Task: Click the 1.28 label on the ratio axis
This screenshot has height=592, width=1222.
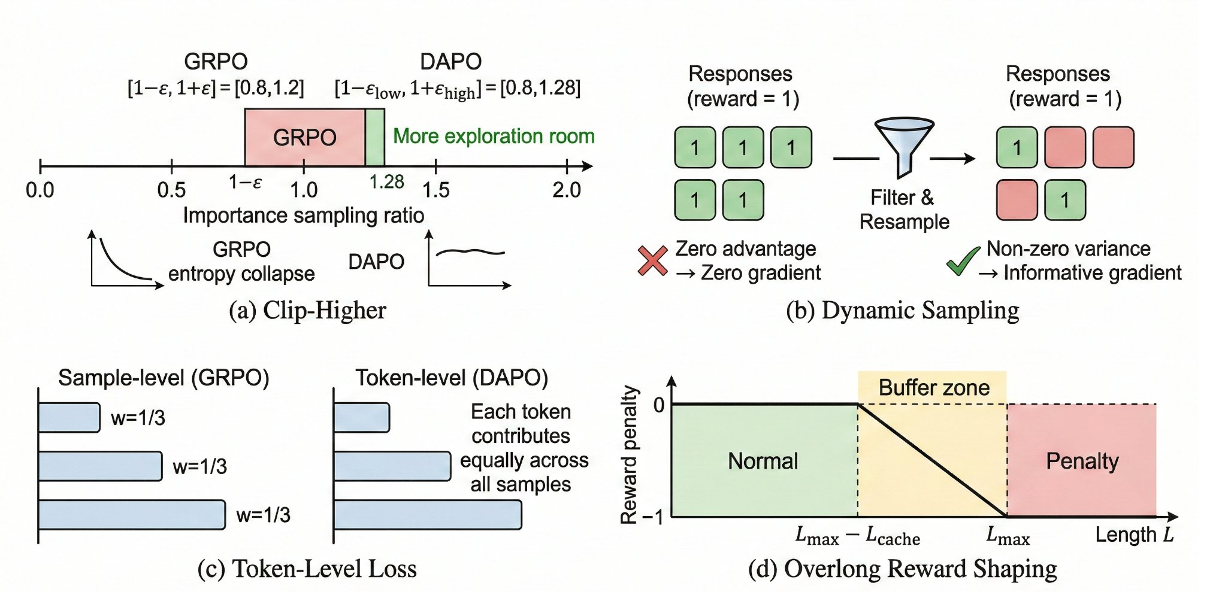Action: (386, 182)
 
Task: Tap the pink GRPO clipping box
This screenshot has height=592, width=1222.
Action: (304, 137)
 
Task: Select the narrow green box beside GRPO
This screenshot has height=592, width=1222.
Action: (375, 137)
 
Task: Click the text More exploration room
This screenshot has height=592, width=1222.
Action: (494, 136)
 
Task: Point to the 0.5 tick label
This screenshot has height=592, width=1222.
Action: (171, 190)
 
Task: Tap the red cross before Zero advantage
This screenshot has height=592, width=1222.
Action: (652, 261)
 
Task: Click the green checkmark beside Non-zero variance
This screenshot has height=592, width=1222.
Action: (962, 262)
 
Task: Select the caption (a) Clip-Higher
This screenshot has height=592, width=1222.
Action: (307, 310)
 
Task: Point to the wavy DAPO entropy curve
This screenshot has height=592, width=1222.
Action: (470, 252)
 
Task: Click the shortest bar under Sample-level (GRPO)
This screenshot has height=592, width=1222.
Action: (69, 418)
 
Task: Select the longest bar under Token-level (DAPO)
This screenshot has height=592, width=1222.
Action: (427, 515)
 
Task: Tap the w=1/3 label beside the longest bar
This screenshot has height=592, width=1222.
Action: (263, 515)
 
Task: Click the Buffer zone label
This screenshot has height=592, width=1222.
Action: (933, 388)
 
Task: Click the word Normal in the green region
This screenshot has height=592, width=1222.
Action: (763, 461)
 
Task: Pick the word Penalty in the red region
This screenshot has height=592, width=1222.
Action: (1082, 461)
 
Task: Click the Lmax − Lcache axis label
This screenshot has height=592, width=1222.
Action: (857, 536)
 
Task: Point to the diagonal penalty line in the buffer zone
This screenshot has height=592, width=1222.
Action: (932, 460)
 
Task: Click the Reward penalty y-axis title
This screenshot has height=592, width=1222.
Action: (628, 455)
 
